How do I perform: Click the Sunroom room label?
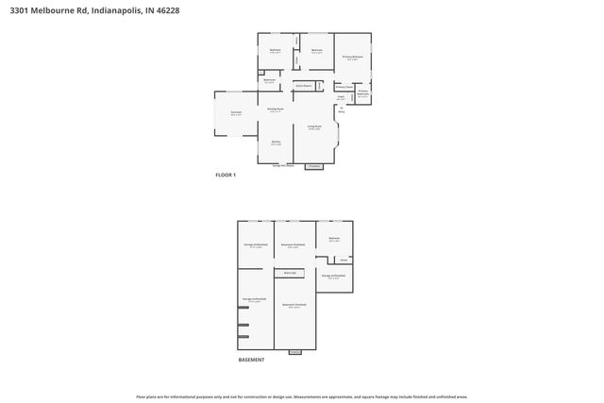[236, 112]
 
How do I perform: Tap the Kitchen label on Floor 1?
[276, 143]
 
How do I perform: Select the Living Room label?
[314, 126]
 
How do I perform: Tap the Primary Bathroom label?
[362, 93]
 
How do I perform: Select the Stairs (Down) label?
[304, 85]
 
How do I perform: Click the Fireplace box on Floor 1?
[314, 166]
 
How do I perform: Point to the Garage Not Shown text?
[283, 165]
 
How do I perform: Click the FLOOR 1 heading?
[226, 176]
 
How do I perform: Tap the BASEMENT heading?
[251, 360]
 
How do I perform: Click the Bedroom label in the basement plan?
[333, 239]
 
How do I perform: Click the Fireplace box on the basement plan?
[294, 351]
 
